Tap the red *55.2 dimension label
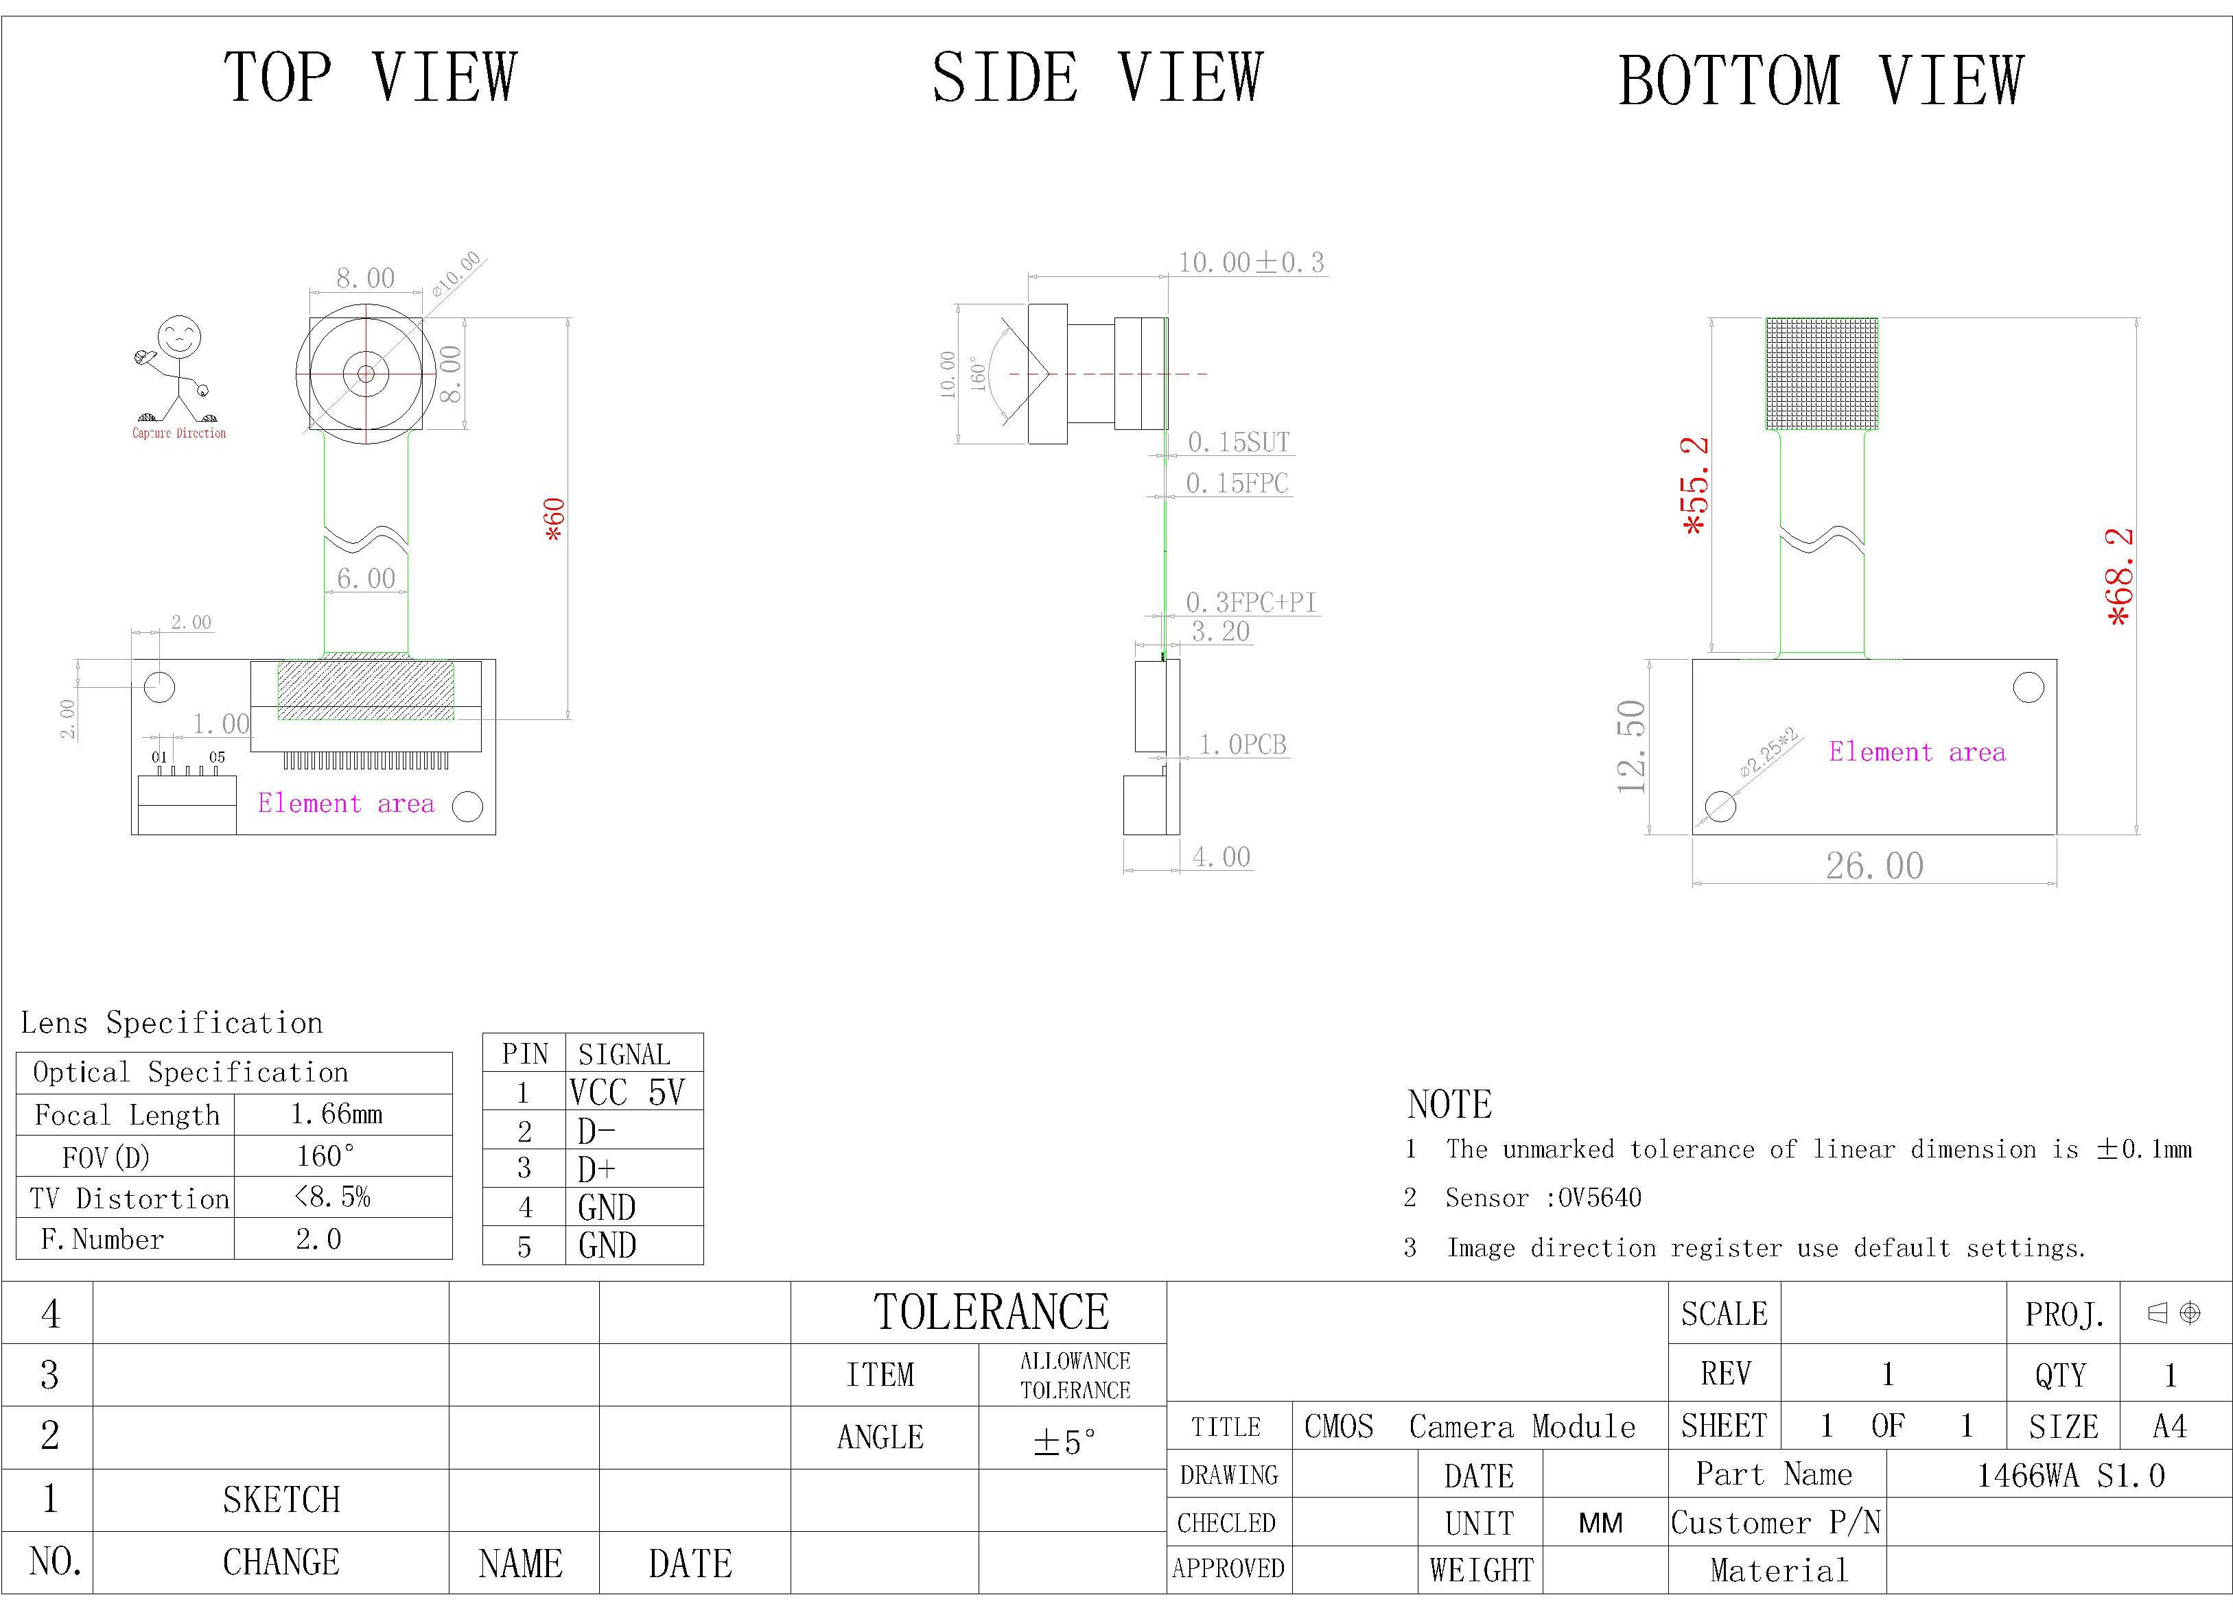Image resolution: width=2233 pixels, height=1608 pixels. coord(1696,486)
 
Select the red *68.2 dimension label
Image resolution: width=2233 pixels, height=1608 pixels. coord(2120,577)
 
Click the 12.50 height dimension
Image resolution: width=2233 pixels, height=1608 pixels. coord(1631,747)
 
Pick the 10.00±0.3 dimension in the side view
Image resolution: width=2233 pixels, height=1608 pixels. coord(1252,263)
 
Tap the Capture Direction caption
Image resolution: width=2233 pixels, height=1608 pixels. coord(179,433)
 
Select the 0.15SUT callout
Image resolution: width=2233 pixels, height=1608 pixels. coord(1239,442)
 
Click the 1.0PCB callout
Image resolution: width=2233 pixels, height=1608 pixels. coord(1243,745)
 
